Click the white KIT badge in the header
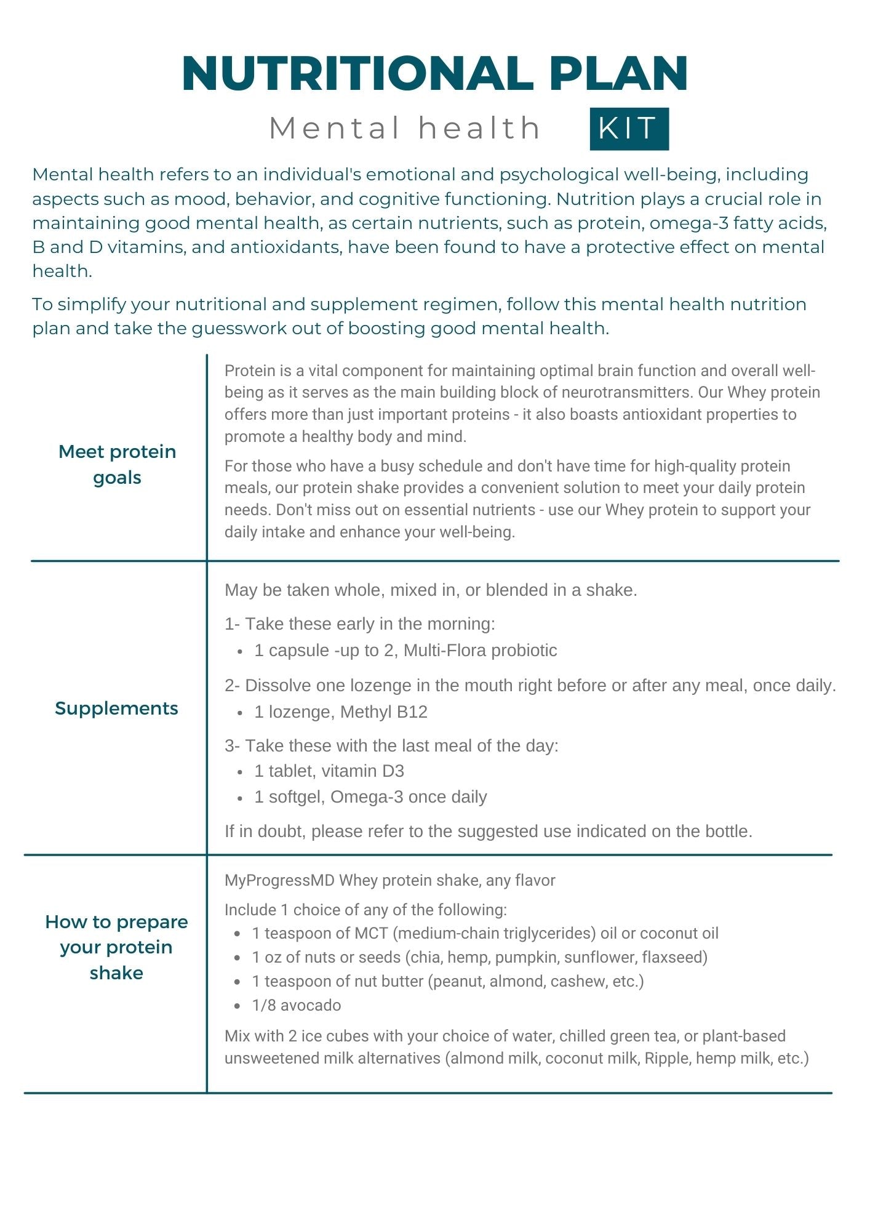pyautogui.click(x=629, y=129)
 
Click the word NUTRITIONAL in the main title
pyautogui.click(x=357, y=74)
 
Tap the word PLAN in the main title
pyautogui.click(x=618, y=74)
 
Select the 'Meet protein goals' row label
pyautogui.click(x=117, y=464)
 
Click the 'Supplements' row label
pyautogui.click(x=116, y=708)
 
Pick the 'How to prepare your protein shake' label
pyautogui.click(x=116, y=947)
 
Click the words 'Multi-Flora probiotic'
pyautogui.click(x=480, y=651)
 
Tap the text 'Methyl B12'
pyautogui.click(x=383, y=712)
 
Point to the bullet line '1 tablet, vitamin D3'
pyautogui.click(x=329, y=771)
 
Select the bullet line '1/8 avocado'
pyautogui.click(x=296, y=1005)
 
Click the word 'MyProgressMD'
pyautogui.click(x=279, y=880)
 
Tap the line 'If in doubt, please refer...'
pyautogui.click(x=489, y=832)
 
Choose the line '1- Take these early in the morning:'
pyautogui.click(x=360, y=624)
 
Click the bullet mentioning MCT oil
pyautogui.click(x=485, y=933)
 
